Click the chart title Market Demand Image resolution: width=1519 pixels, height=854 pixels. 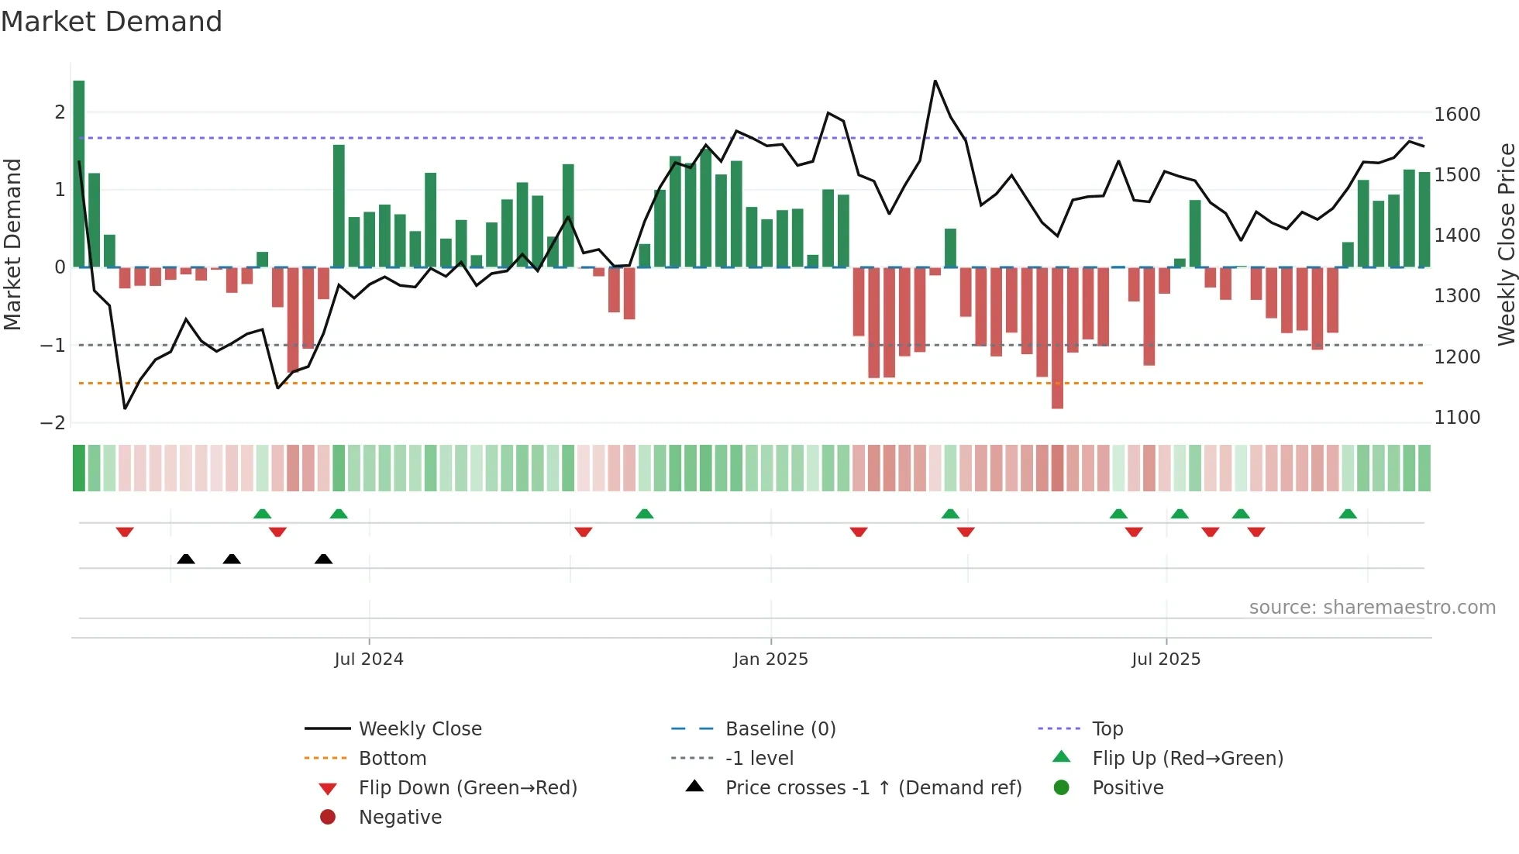(112, 22)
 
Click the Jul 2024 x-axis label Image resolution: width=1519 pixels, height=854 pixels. (369, 659)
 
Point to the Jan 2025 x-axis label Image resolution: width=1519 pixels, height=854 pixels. (770, 659)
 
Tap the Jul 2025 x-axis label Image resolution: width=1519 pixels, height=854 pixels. (1166, 659)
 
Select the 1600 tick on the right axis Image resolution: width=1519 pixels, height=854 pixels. (1457, 115)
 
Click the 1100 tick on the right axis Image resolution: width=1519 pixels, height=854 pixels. (1457, 418)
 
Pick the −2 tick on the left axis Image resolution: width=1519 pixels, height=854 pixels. (53, 422)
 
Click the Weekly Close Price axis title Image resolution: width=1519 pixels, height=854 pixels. (1506, 244)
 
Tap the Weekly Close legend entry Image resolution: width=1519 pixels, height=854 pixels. (419, 729)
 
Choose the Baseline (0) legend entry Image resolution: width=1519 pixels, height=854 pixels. (780, 729)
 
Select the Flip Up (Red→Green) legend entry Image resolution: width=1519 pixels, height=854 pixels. (1187, 759)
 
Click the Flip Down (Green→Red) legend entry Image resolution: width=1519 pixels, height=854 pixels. (467, 788)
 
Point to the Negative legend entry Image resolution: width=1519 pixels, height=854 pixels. (400, 818)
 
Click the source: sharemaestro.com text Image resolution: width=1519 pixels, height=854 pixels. (1372, 608)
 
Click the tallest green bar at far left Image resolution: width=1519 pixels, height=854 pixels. (79, 174)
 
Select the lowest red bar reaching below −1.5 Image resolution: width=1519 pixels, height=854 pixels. (1057, 338)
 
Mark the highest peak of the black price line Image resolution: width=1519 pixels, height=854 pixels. (935, 81)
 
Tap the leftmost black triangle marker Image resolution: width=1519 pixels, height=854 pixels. (186, 559)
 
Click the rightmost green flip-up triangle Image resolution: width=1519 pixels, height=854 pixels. (1348, 514)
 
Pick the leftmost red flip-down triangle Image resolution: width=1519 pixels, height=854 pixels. (125, 532)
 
